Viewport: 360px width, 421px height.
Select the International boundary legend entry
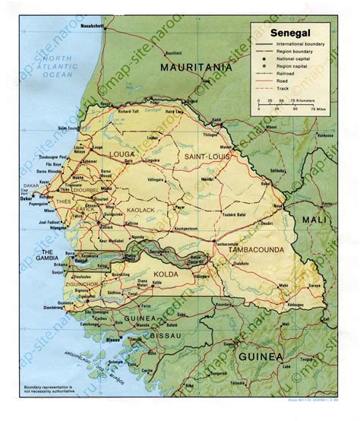click(304, 46)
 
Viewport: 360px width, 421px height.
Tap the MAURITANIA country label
click(196, 68)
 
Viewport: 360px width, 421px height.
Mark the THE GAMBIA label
click(55, 255)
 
